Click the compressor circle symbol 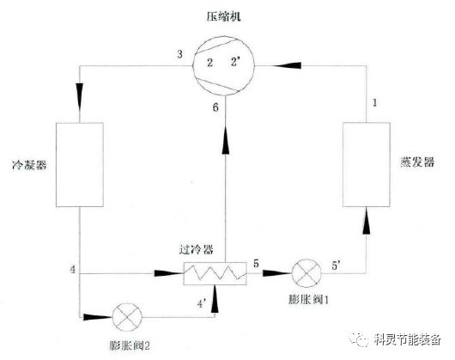point(222,65)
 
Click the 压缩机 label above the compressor point(221,16)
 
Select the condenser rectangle point(79,163)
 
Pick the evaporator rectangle point(367,164)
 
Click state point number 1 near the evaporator point(373,103)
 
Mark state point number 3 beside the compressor point(179,55)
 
